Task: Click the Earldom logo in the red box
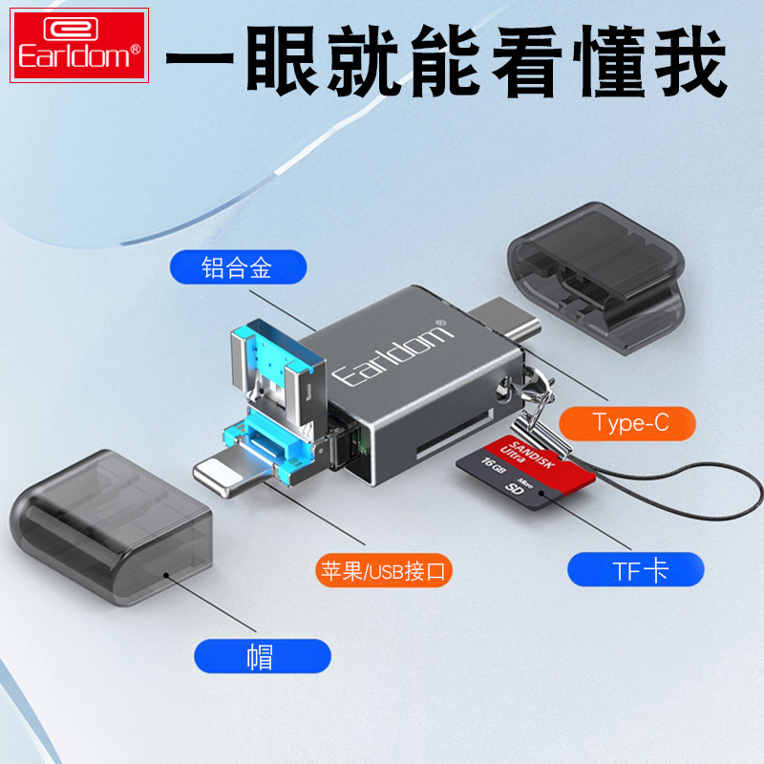point(79,45)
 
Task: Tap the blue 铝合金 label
point(238,267)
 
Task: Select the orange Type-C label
point(626,422)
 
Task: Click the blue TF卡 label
point(635,570)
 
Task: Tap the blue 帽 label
point(262,656)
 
